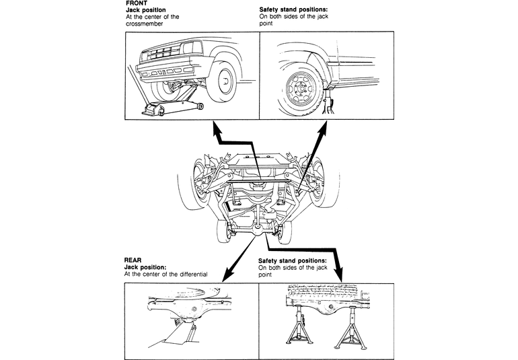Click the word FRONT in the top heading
point(137,3)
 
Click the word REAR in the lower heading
point(133,260)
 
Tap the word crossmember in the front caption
point(145,24)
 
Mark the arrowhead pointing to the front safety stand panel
point(322,128)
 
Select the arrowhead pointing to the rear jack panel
point(227,275)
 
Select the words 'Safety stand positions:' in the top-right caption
point(293,9)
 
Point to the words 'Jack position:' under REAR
point(145,267)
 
